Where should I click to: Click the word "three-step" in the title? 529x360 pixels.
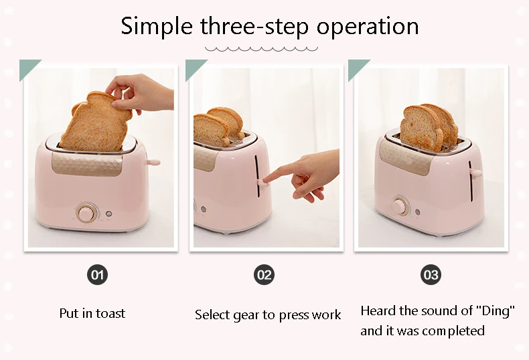pos(254,26)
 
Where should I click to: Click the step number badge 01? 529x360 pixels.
pos(98,275)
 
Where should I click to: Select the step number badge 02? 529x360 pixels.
pos(264,275)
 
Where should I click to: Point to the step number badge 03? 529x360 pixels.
pos(431,275)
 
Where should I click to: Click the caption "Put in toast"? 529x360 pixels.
pos(92,313)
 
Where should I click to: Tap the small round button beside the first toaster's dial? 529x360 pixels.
pos(108,213)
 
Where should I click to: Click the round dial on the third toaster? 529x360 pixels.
pos(400,205)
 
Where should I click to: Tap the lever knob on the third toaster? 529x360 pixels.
pos(476,173)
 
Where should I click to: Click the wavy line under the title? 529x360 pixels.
pos(261,50)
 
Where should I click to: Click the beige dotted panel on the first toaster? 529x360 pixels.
pos(87,164)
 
